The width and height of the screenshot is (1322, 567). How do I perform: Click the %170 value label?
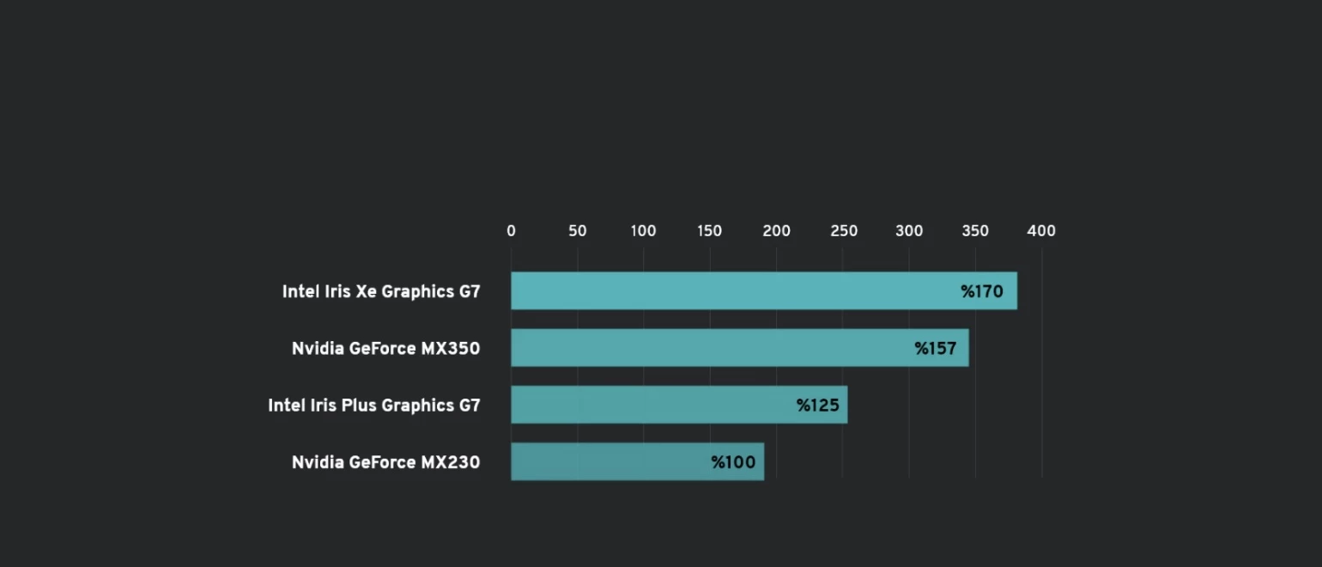[x=982, y=292]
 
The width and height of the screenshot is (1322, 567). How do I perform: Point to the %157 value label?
[x=935, y=349]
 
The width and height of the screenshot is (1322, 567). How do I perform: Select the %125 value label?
[x=817, y=405]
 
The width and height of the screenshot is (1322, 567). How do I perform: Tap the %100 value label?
[x=733, y=463]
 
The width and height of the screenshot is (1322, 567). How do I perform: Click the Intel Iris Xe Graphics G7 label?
[x=381, y=292]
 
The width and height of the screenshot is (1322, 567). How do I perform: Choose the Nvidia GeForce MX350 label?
[x=385, y=349]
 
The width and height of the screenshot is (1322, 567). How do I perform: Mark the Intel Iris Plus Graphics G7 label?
[x=374, y=405]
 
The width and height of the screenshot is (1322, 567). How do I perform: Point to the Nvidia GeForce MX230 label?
[x=385, y=463]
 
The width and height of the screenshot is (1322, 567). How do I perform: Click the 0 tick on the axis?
[x=512, y=231]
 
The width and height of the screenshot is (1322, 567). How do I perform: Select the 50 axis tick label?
[x=578, y=231]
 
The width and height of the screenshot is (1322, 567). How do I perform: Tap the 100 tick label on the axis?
[x=643, y=231]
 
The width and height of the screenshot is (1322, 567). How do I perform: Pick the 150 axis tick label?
[x=710, y=231]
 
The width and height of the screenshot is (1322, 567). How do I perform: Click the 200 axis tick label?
[x=776, y=231]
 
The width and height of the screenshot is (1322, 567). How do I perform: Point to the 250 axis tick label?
[x=843, y=231]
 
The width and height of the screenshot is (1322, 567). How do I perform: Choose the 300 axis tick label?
[x=909, y=231]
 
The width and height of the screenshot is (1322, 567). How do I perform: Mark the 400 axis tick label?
[x=1041, y=231]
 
